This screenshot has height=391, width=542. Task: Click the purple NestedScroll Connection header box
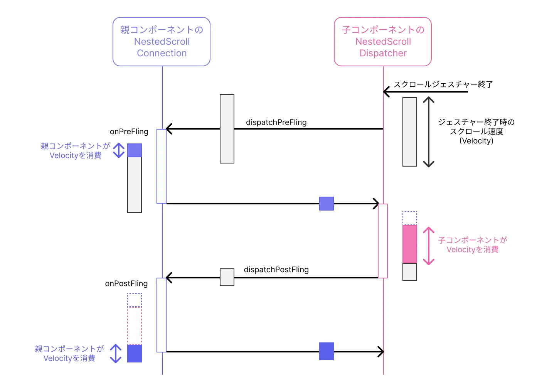(162, 42)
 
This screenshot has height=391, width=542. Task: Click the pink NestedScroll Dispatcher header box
(383, 42)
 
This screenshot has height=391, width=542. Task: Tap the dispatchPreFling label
(276, 122)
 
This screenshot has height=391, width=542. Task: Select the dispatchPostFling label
(276, 270)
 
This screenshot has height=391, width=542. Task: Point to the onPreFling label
(129, 131)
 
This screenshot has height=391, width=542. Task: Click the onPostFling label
(126, 283)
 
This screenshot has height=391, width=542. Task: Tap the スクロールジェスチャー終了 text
(443, 84)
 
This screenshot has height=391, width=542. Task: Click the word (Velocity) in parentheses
(476, 141)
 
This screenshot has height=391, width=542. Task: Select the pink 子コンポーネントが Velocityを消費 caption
(472, 245)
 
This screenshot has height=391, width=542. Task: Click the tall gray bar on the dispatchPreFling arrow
(227, 129)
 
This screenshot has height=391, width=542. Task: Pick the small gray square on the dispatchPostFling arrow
(227, 277)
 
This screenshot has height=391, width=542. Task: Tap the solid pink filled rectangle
(410, 244)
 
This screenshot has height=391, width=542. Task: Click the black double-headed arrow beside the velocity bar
(429, 132)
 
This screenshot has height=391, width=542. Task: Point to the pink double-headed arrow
(429, 246)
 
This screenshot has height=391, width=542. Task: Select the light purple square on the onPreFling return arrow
(327, 204)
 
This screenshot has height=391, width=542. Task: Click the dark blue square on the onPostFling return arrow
(327, 351)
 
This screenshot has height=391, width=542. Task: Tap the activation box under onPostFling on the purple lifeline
(162, 315)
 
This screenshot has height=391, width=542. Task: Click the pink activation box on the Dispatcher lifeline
(383, 241)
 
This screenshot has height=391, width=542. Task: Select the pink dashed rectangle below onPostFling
(135, 325)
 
